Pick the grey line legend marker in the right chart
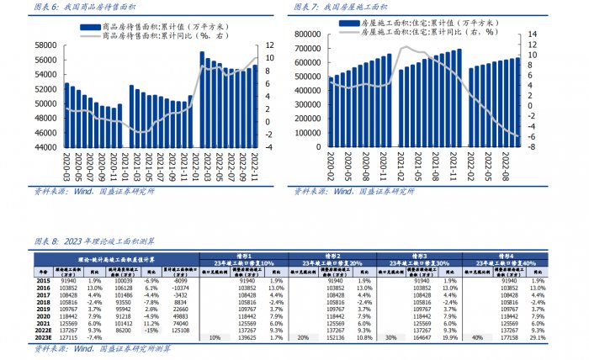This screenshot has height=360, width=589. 348,30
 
